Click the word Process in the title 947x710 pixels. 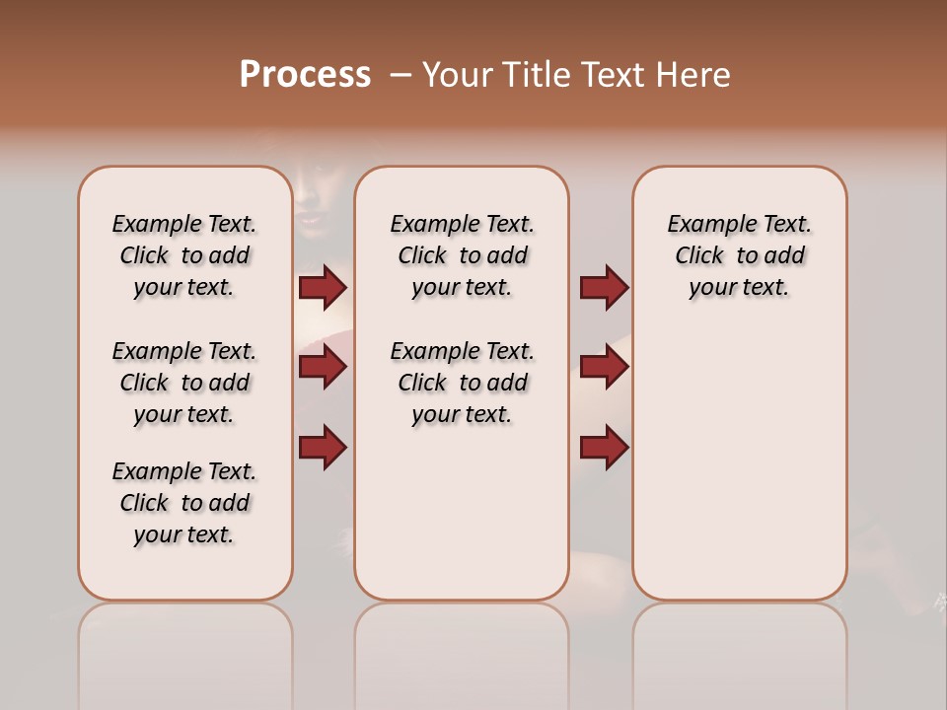305,75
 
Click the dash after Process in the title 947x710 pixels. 399,76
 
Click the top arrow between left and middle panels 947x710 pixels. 323,288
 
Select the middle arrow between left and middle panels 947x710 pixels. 323,368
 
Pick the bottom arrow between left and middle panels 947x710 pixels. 323,448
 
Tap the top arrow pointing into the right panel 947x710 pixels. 604,288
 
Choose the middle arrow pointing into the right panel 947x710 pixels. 604,368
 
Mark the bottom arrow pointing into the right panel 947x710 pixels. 604,448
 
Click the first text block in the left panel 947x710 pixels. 184,255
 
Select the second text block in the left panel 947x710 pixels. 184,383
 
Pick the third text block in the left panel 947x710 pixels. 184,503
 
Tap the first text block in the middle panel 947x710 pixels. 462,255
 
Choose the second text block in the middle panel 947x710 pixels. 462,383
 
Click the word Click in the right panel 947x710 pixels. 699,255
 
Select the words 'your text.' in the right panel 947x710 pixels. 739,287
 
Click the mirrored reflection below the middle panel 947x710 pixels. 462,651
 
